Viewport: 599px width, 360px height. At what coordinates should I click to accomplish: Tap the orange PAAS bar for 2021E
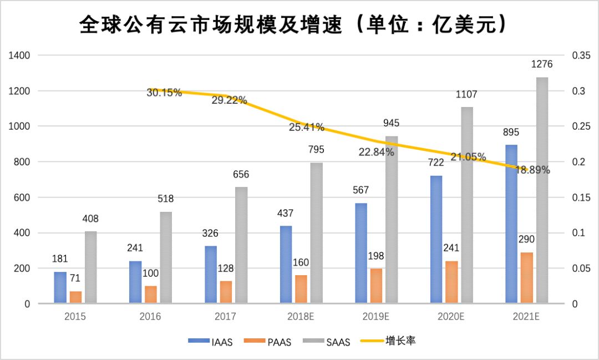[527, 278]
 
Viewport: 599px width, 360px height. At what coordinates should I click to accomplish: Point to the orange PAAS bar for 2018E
[301, 289]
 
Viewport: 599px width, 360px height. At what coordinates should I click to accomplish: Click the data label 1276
[542, 64]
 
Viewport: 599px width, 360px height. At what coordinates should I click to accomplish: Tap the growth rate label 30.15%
[164, 93]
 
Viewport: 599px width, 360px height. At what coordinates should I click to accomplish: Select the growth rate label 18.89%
[532, 170]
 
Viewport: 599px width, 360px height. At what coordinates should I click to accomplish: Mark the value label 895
[511, 133]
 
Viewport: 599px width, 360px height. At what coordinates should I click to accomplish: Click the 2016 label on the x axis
[150, 317]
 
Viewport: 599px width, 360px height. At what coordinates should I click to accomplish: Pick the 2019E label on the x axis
[375, 317]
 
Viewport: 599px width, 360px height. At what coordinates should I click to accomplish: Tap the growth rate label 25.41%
[307, 127]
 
